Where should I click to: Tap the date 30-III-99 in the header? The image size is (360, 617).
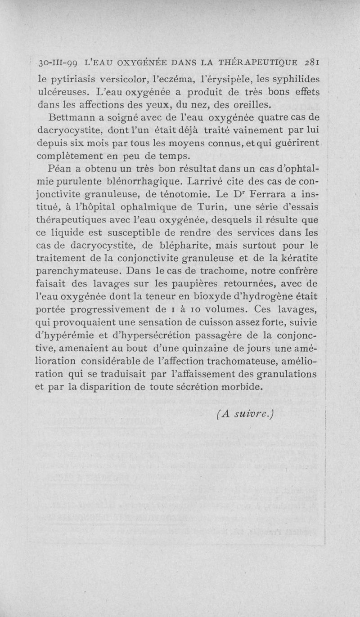click(57, 63)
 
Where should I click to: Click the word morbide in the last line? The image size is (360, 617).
click(238, 387)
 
